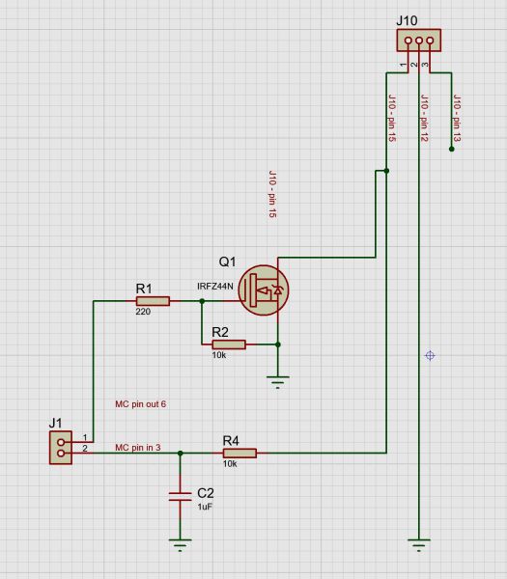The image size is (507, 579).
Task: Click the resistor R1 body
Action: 153,301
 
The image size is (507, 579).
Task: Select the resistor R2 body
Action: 229,345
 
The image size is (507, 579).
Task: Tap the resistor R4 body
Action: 239,454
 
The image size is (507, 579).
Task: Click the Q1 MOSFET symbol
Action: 264,290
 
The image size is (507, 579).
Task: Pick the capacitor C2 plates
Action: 180,497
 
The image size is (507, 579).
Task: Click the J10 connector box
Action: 419,40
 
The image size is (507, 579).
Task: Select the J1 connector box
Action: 61,448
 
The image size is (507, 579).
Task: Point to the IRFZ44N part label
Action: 215,287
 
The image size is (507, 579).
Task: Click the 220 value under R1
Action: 143,312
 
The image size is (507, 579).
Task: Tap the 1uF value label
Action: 205,507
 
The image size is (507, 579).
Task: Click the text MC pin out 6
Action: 140,404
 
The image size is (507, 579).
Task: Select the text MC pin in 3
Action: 138,448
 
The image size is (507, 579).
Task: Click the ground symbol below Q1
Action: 278,382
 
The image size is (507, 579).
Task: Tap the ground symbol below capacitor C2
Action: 180,545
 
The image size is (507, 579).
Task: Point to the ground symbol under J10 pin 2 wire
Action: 419,545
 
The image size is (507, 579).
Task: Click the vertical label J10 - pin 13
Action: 457,119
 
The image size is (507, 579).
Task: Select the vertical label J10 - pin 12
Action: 425,118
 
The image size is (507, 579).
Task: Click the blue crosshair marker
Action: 430,355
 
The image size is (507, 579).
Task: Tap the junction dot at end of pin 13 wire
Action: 452,150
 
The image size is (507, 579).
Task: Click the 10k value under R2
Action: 219,355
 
